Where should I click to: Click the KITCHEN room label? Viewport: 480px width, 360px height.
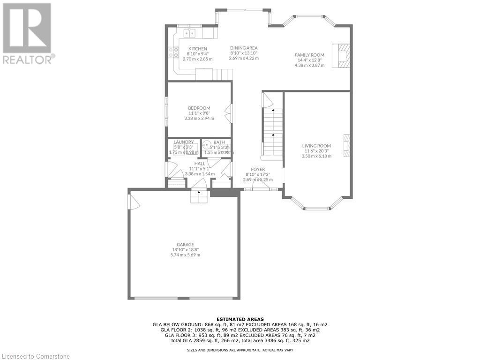click(197, 49)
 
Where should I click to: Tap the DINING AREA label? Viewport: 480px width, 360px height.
click(244, 48)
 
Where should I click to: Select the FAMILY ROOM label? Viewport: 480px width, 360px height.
click(309, 55)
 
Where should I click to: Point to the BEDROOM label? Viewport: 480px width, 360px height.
click(199, 108)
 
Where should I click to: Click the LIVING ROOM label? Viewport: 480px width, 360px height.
click(316, 146)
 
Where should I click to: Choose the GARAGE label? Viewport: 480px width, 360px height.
click(185, 244)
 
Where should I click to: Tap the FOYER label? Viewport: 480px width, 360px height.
click(258, 169)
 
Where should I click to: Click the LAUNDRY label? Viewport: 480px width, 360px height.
click(183, 142)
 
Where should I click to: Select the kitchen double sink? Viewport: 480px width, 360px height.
click(190, 33)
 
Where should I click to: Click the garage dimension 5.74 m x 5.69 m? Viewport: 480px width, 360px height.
click(185, 255)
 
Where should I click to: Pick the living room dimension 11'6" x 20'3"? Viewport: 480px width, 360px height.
click(316, 151)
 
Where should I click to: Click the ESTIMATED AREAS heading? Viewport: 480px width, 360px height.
click(240, 319)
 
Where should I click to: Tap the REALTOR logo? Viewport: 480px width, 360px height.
click(28, 33)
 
